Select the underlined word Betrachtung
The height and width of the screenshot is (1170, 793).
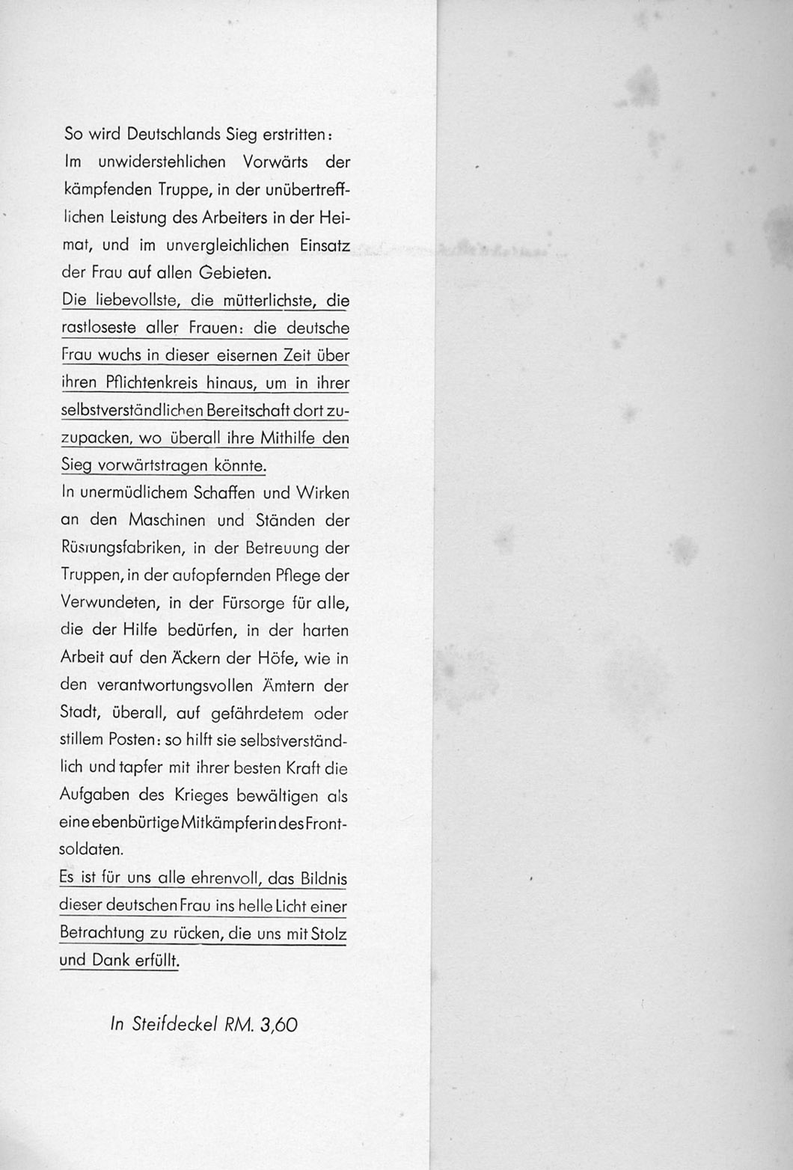point(101,934)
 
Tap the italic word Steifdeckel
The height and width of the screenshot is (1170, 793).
point(175,1024)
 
